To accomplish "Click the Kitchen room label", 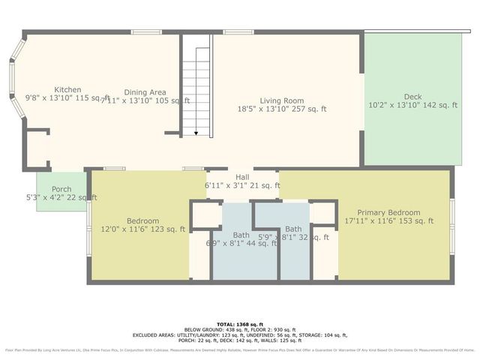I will pyautogui.click(x=63, y=90).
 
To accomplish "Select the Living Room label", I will pyautogui.click(x=282, y=100).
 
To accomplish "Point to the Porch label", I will pyautogui.click(x=61, y=189).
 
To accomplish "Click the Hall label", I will pyautogui.click(x=242, y=177).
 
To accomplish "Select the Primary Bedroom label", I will pyautogui.click(x=388, y=212).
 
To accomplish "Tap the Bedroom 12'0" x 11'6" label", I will pyautogui.click(x=142, y=220).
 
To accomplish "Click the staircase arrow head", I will pyautogui.click(x=196, y=133).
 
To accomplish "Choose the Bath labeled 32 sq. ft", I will pyautogui.click(x=293, y=229).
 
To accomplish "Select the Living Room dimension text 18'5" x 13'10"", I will pyautogui.click(x=282, y=109).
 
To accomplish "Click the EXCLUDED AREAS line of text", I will pyautogui.click(x=239, y=334).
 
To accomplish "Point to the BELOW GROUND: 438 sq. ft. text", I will pyautogui.click(x=214, y=328).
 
